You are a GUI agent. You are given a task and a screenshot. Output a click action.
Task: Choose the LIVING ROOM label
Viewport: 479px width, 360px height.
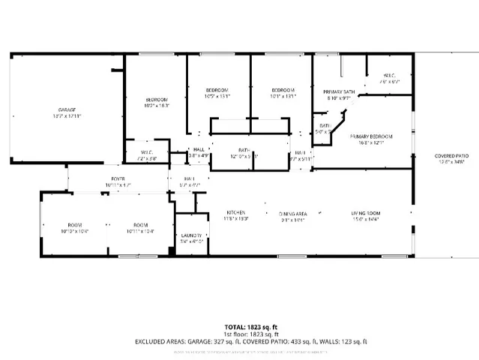tap(366, 213)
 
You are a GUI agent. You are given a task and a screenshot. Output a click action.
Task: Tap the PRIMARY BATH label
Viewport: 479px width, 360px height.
tap(337, 91)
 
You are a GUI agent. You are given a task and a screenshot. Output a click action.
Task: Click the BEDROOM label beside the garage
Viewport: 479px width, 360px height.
tap(157, 100)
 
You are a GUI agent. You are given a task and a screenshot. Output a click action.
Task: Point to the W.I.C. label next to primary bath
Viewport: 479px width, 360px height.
tap(389, 76)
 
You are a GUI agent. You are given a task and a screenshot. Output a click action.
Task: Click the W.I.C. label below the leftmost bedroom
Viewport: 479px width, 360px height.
tap(146, 152)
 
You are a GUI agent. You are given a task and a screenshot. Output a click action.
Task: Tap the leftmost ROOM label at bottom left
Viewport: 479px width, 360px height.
tap(74, 225)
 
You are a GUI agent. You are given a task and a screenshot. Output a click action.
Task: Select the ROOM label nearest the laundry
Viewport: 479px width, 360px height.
tap(139, 225)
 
